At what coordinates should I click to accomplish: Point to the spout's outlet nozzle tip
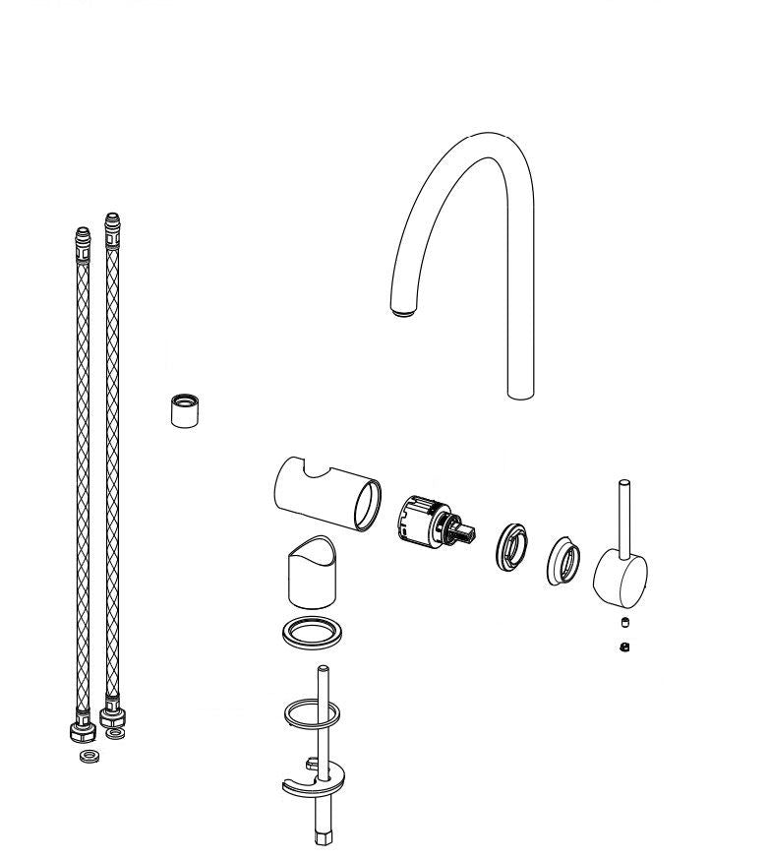[x=403, y=312]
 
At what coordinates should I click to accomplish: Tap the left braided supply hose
[x=82, y=472]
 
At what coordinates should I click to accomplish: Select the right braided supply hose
[x=111, y=462]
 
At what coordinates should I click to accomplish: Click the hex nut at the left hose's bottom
[x=82, y=732]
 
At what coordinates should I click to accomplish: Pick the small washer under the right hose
[x=116, y=734]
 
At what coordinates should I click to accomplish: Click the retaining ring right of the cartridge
[x=512, y=546]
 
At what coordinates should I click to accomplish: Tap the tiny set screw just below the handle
[x=624, y=622]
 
